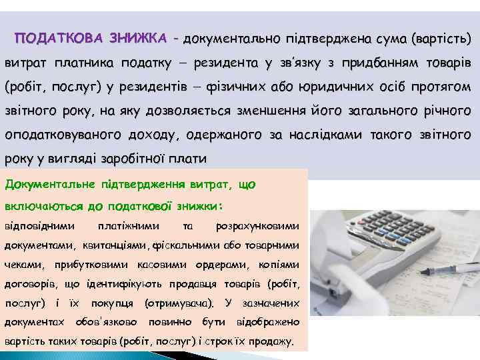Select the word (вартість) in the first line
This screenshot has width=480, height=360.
point(441,39)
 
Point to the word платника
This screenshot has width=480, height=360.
point(86,63)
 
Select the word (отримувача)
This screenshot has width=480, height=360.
point(179,303)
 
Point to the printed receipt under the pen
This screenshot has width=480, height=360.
point(373,293)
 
